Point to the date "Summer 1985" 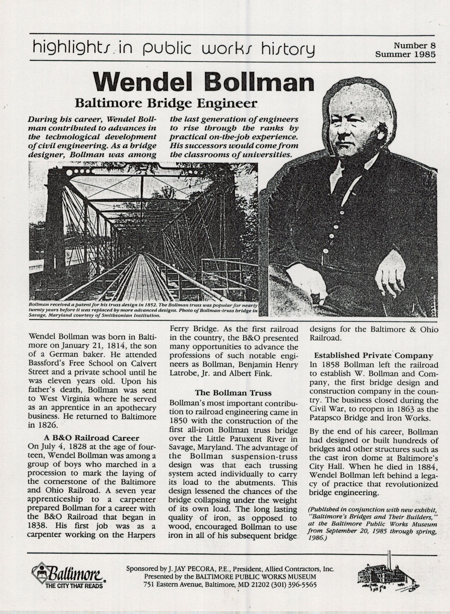[405, 54]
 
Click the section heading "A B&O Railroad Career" [92, 438]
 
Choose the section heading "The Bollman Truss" [233, 393]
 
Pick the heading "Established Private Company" [374, 356]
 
